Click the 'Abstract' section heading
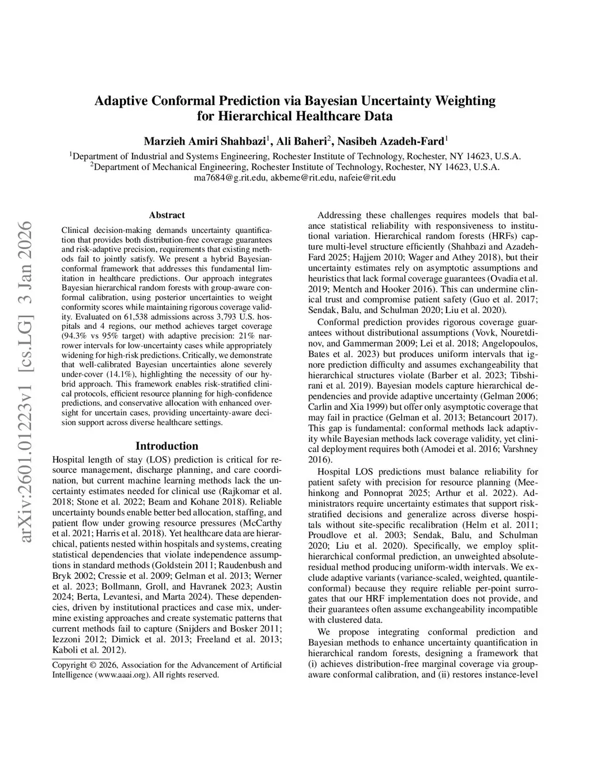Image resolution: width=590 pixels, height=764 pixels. click(x=167, y=215)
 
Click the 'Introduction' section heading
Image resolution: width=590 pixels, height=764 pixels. click(x=167, y=446)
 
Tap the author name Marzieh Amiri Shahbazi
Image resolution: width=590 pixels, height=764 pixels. click(x=205, y=141)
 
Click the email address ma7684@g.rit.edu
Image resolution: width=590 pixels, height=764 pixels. click(x=230, y=178)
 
